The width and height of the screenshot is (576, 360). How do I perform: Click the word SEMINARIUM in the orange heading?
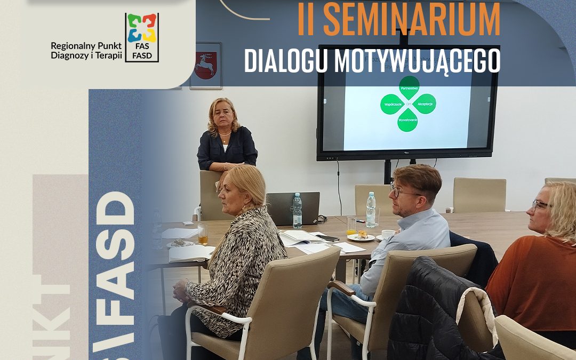[x=412, y=20]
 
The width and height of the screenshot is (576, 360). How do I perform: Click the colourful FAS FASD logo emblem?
[x=142, y=28]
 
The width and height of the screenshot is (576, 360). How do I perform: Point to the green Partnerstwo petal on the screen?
[x=409, y=85]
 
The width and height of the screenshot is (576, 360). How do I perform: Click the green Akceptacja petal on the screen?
[x=425, y=103]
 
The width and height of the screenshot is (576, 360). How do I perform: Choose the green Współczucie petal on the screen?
[x=391, y=104]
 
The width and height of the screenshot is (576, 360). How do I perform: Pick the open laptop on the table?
[x=292, y=208]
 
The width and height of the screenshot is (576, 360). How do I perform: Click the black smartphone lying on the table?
[x=328, y=238]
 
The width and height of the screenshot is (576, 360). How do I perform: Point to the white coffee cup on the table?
[x=388, y=234]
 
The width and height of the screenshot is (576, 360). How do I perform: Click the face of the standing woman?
[x=224, y=117]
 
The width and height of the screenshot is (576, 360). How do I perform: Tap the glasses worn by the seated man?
[x=400, y=190]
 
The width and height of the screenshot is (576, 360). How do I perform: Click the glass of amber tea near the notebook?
[x=203, y=234]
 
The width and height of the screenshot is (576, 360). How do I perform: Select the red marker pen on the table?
[x=360, y=220]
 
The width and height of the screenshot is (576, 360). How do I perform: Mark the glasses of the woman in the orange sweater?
[x=540, y=205]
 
